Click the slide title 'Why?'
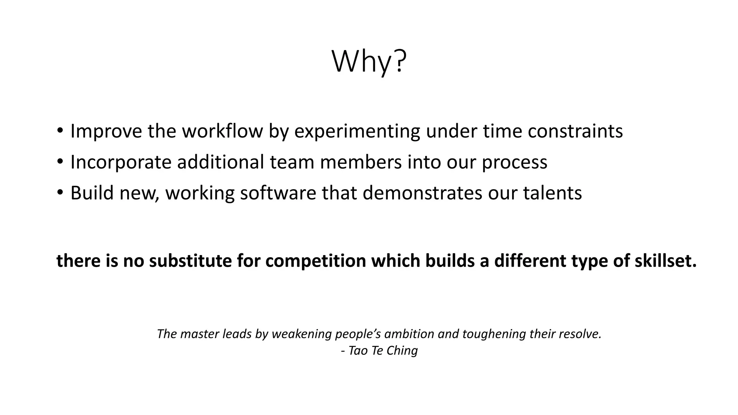pos(369,62)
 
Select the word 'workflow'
pos(222,131)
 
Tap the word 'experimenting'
pos(357,131)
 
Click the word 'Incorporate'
pos(121,162)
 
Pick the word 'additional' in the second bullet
pos(221,162)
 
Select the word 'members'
pos(360,162)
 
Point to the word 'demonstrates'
pos(422,193)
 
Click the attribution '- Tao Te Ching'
pos(379,351)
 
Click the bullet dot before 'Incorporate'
pos(60,161)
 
